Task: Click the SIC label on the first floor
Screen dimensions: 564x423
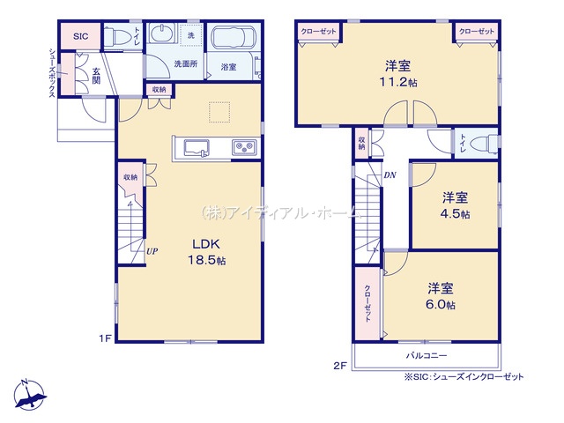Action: (80, 36)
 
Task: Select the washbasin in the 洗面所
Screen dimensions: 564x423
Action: (161, 33)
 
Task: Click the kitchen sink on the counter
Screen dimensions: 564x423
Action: (197, 148)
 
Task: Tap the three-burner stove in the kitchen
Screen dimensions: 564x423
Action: (244, 147)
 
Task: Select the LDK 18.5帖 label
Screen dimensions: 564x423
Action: (207, 252)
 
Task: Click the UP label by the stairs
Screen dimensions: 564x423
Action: (152, 251)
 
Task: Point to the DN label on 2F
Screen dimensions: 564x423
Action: (390, 175)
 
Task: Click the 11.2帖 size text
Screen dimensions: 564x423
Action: (398, 82)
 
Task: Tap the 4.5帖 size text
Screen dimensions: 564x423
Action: (455, 214)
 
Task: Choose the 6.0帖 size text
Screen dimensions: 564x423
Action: (441, 305)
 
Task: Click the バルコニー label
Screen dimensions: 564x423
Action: (427, 355)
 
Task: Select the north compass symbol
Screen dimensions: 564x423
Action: (30, 394)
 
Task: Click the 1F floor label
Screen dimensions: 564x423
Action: (106, 338)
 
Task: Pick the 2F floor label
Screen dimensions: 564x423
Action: (340, 367)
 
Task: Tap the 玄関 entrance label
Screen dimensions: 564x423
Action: (96, 76)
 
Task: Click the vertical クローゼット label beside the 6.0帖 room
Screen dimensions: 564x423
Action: (367, 303)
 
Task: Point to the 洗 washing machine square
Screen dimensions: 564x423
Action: (191, 35)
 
